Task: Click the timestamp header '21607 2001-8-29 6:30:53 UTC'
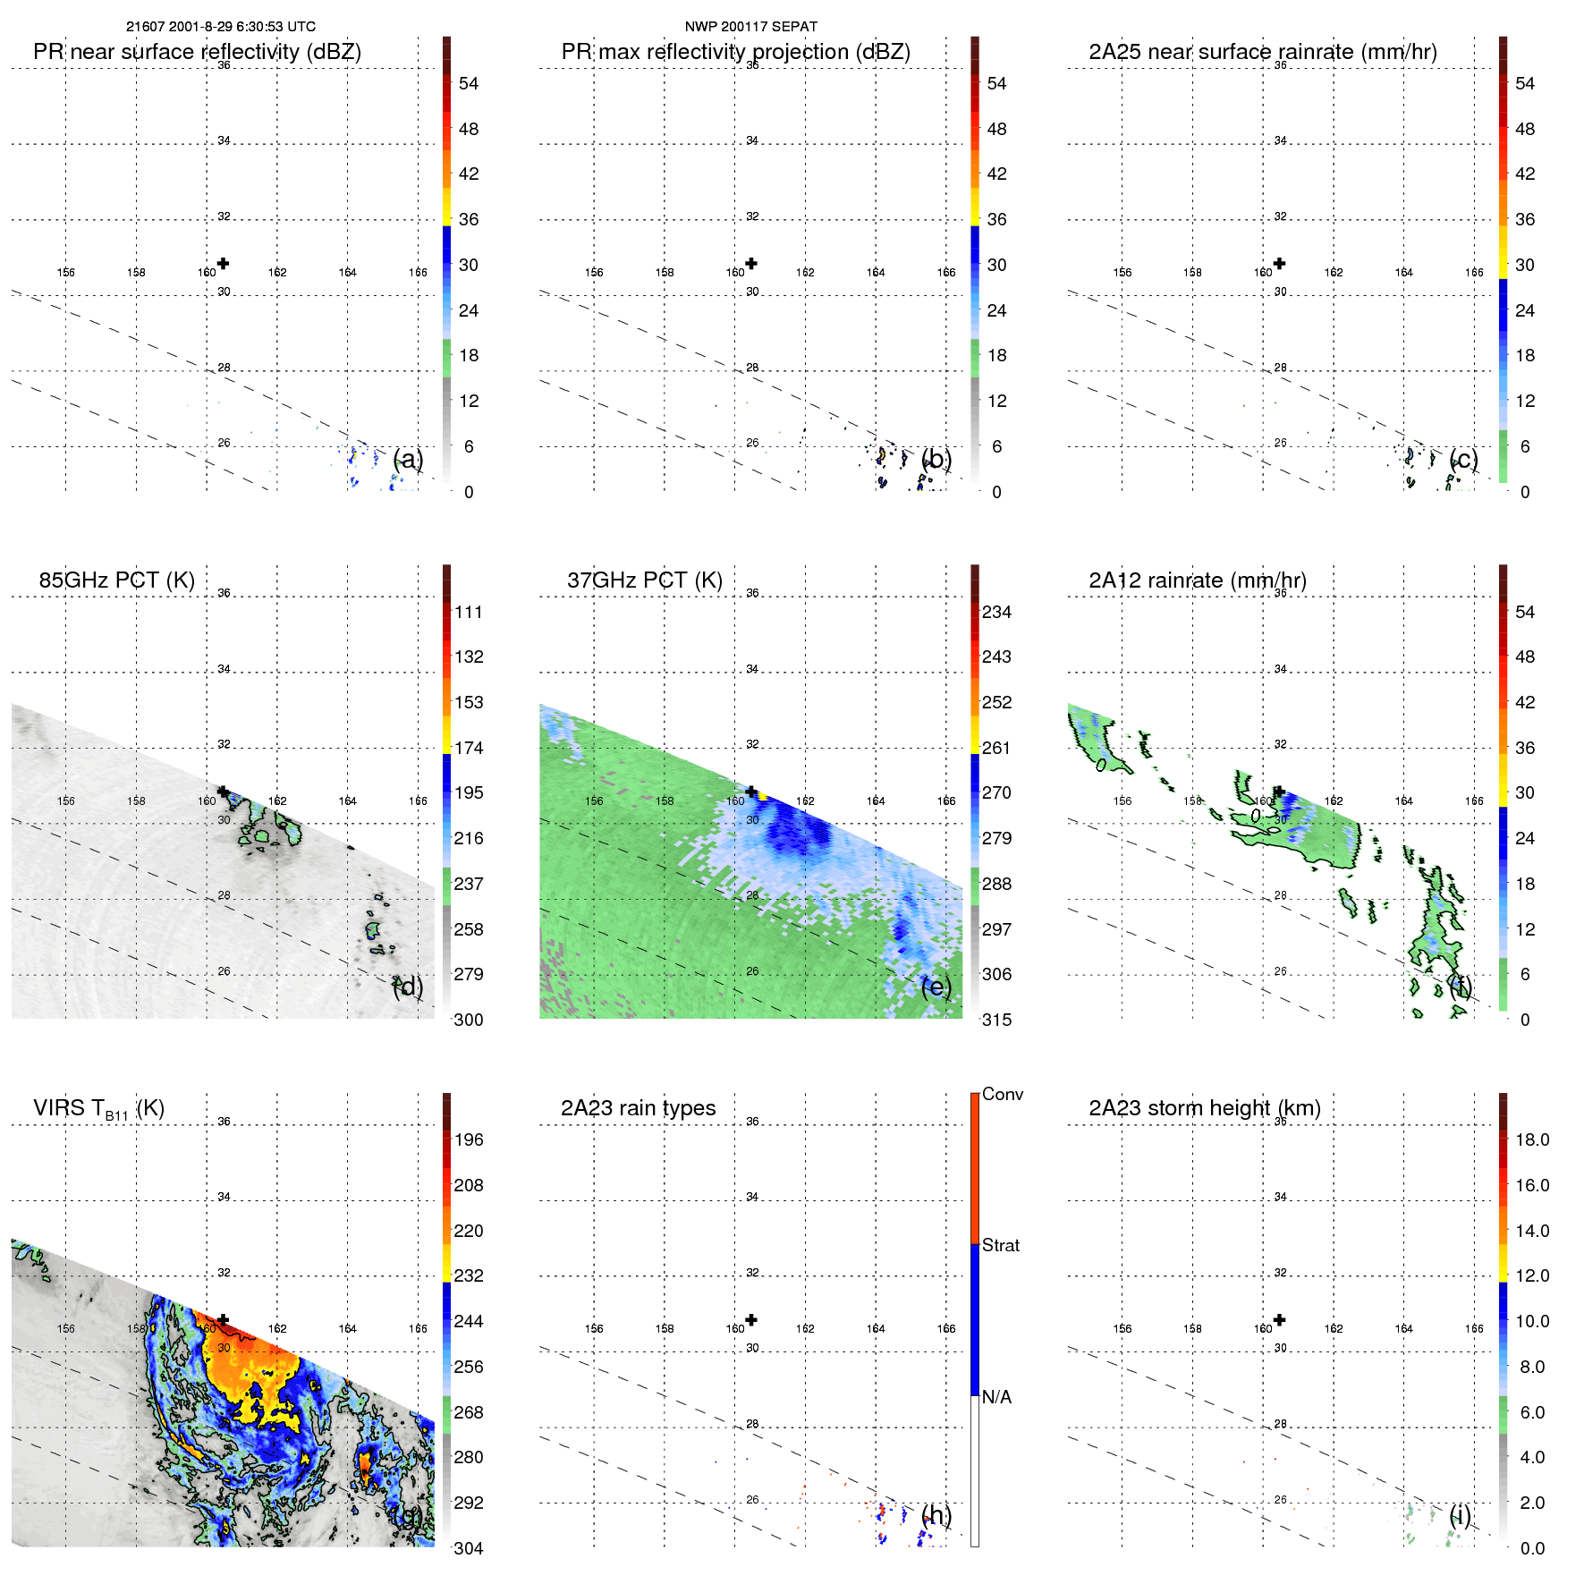[x=220, y=27]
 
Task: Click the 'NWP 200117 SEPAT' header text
[x=750, y=27]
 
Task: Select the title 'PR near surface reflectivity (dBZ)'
[x=197, y=52]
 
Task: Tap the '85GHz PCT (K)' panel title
[x=116, y=580]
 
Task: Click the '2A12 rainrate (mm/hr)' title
[x=1197, y=580]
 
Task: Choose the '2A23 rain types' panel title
[x=638, y=1108]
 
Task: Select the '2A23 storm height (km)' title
[x=1204, y=1108]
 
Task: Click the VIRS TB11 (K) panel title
[x=98, y=1109]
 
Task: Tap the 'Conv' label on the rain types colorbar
[x=1002, y=1094]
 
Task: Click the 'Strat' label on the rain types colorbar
[x=1000, y=1245]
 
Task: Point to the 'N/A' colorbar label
[x=996, y=1397]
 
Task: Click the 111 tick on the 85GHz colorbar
[x=469, y=612]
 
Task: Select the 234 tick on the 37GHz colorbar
[x=996, y=612]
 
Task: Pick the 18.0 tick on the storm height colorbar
[x=1531, y=1139]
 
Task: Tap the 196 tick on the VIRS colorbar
[x=469, y=1139]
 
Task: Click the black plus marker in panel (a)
[x=223, y=263]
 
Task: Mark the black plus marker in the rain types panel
[x=751, y=1319]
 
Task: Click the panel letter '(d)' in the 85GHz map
[x=408, y=987]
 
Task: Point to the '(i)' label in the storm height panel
[x=1460, y=1514]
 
